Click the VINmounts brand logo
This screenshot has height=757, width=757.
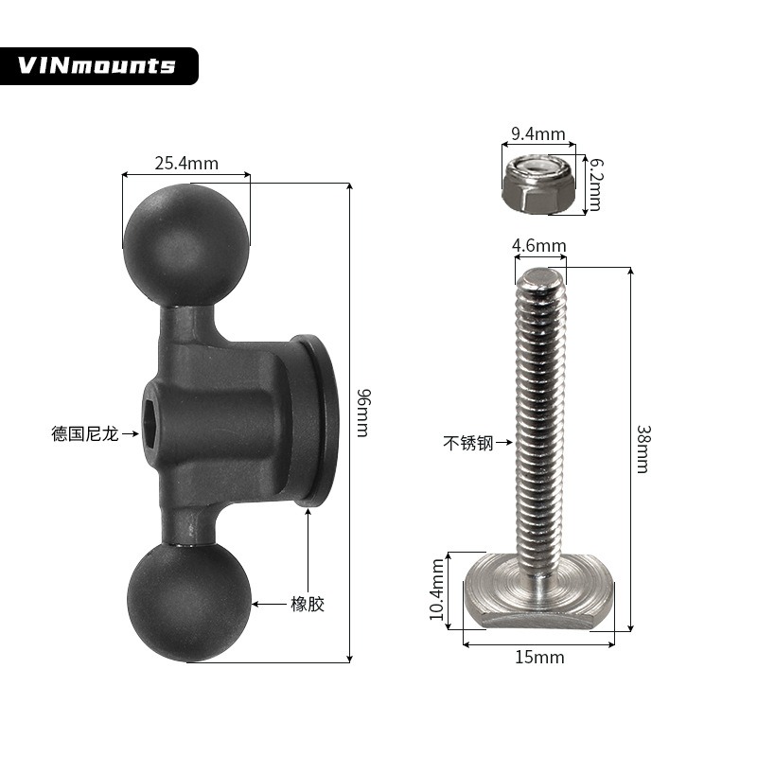tap(97, 65)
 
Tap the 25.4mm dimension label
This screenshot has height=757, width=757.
tap(186, 163)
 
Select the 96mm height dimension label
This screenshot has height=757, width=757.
tap(362, 413)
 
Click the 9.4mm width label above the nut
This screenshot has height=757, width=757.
tap(537, 133)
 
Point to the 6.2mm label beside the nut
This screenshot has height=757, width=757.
tap(596, 185)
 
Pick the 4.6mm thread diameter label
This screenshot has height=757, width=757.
tap(538, 246)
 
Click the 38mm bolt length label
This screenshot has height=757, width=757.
tap(643, 449)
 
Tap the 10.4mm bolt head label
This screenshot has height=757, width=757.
tap(437, 590)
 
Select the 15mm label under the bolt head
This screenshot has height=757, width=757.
tap(539, 657)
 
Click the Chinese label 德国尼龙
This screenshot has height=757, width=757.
tap(84, 433)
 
